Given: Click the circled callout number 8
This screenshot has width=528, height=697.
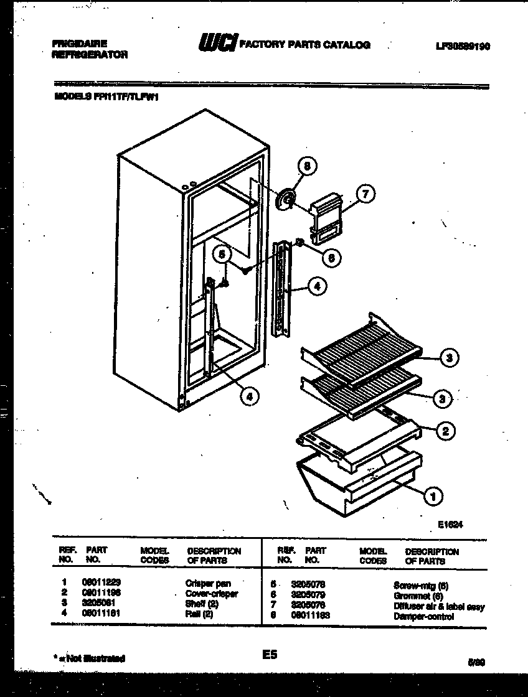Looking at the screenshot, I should pos(306,166).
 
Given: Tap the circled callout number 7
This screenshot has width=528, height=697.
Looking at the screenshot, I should pos(365,194).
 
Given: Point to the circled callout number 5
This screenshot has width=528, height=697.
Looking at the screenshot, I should pos(220,254).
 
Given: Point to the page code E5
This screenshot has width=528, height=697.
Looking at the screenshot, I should pos(270,655).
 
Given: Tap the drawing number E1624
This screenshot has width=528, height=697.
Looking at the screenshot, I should pos(450,524).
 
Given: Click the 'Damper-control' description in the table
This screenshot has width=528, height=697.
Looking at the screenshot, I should pos(423,616).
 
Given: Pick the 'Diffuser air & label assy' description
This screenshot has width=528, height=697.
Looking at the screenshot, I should pos(438,606).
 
